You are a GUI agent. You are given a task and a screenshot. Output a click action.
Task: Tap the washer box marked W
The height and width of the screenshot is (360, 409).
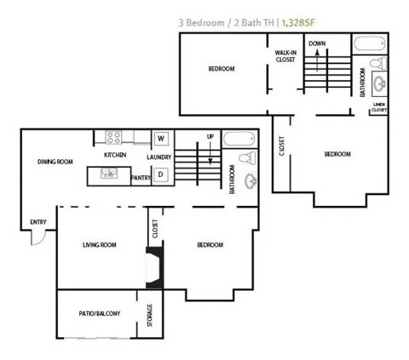point(160,138)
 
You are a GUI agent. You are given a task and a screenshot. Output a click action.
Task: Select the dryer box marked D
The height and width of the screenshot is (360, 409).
point(160,175)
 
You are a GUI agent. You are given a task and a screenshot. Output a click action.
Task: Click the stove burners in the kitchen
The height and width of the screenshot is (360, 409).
point(115,137)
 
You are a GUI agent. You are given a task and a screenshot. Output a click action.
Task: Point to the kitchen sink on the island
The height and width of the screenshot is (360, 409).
point(110,174)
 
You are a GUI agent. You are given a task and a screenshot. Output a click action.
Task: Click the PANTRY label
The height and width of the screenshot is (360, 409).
point(141,178)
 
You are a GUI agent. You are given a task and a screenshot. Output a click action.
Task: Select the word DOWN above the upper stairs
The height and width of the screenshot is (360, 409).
point(317,43)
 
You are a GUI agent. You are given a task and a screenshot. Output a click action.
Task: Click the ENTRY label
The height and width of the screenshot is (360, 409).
point(38,223)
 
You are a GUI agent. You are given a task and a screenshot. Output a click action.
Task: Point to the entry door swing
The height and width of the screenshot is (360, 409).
point(38,237)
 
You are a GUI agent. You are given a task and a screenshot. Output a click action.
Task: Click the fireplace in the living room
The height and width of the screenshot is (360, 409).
point(153,266)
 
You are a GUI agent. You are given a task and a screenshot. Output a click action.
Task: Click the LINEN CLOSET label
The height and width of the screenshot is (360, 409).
point(379,107)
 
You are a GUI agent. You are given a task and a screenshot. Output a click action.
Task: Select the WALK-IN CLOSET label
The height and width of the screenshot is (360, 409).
point(285,56)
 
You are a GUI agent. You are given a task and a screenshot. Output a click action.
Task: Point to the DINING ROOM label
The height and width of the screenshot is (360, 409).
point(56,162)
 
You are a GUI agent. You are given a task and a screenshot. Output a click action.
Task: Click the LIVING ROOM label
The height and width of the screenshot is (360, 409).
point(99,245)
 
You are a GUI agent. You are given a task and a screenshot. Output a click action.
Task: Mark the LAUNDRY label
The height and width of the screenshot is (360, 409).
point(158,157)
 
